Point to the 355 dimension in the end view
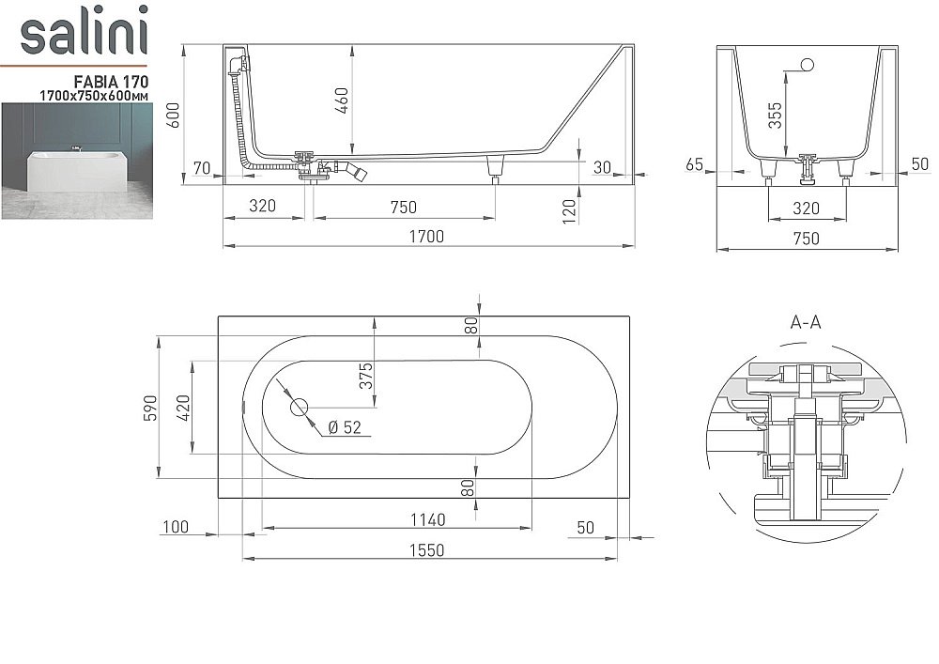tap(775, 116)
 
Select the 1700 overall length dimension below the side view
tap(427, 237)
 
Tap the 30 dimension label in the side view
tap(602, 167)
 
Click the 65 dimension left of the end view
tap(695, 164)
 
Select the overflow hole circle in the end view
tap(806, 65)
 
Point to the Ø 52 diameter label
tap(345, 428)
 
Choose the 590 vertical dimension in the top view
tap(150, 409)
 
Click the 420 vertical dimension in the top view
tap(184, 409)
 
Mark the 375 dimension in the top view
tap(367, 376)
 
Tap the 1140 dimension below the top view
tap(426, 518)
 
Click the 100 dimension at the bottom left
tap(176, 528)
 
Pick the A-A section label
tap(806, 322)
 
